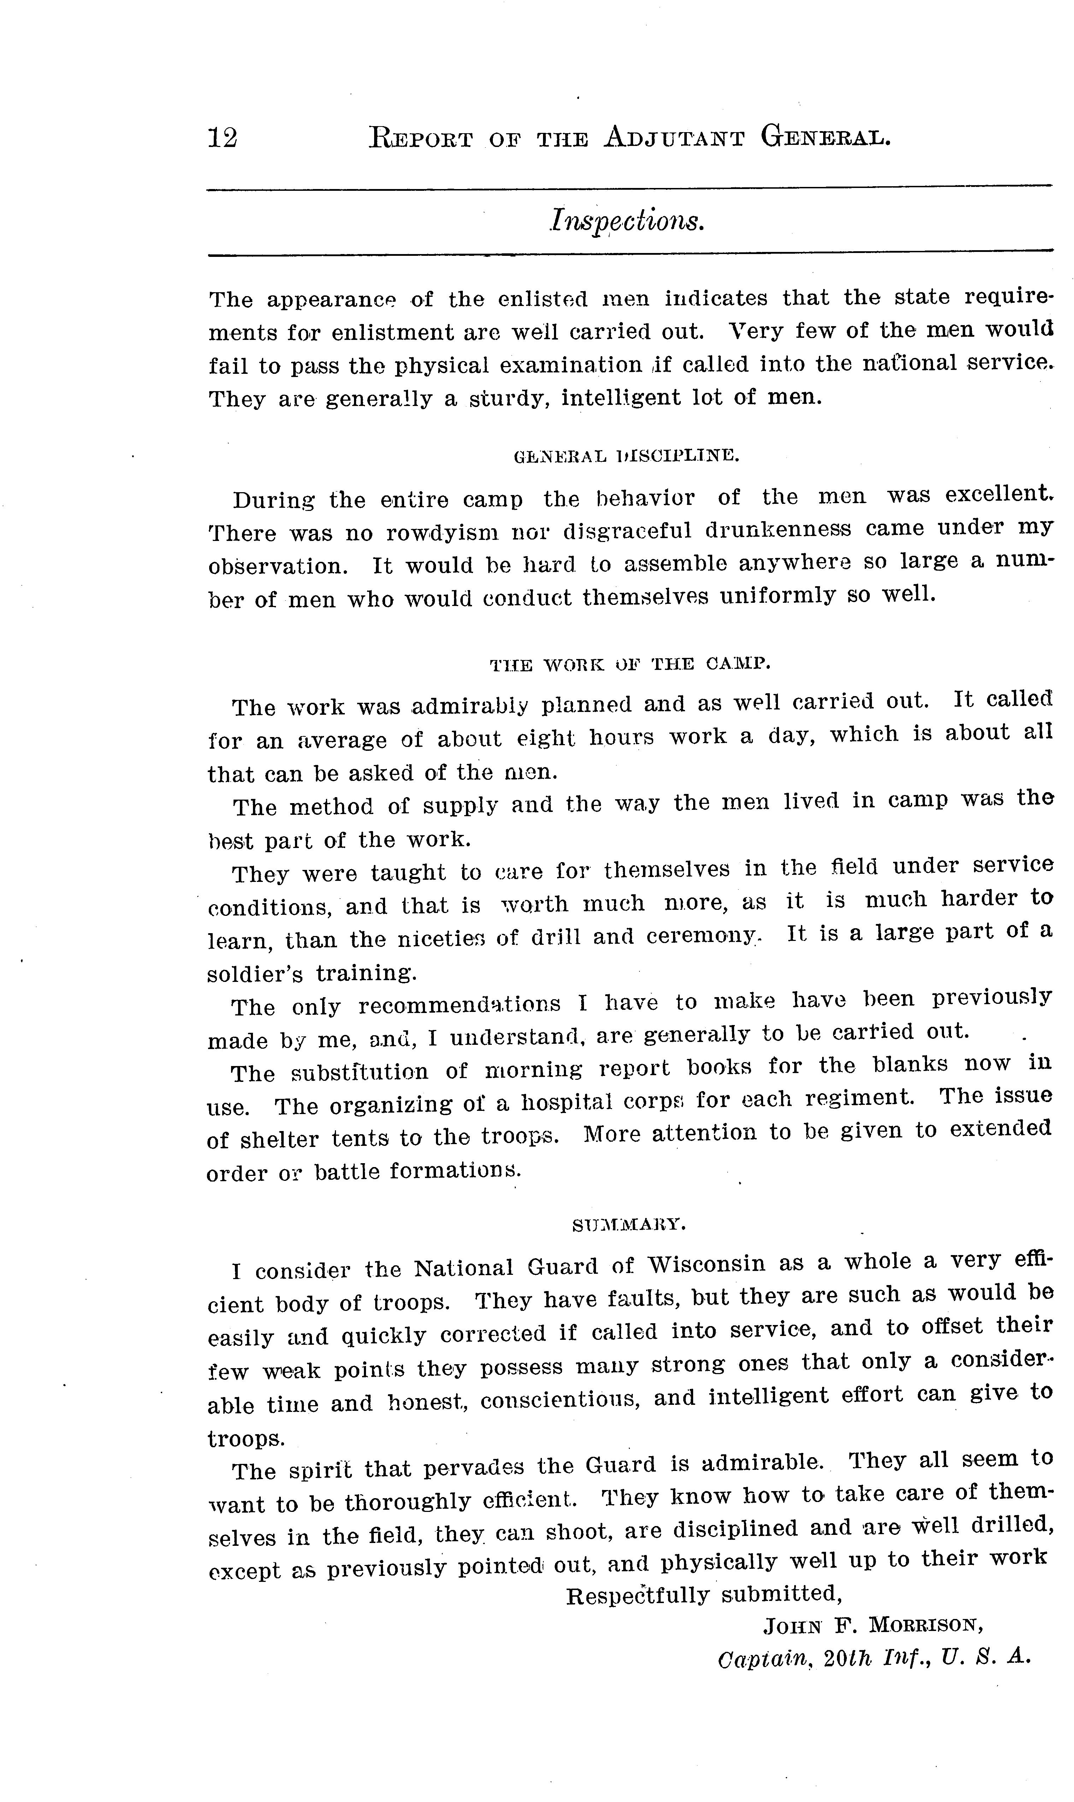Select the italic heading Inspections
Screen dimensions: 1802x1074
click(x=627, y=220)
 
